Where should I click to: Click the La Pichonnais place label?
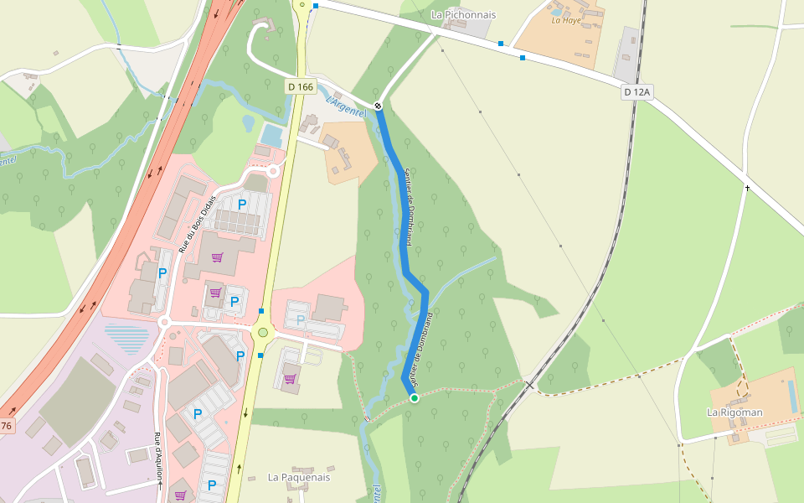[463, 15]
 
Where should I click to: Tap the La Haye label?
[566, 20]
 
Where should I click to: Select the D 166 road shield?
[301, 86]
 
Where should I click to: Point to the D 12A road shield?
[636, 92]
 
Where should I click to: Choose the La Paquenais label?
[299, 477]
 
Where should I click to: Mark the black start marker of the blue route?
[379, 106]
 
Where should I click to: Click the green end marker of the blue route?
[414, 397]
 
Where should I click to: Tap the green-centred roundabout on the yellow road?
[263, 333]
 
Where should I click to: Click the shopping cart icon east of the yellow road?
[290, 379]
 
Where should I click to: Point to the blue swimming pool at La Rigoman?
[792, 397]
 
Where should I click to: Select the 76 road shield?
[7, 426]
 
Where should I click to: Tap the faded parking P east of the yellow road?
[301, 319]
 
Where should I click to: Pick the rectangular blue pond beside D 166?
[271, 134]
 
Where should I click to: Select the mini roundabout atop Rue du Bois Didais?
[273, 172]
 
